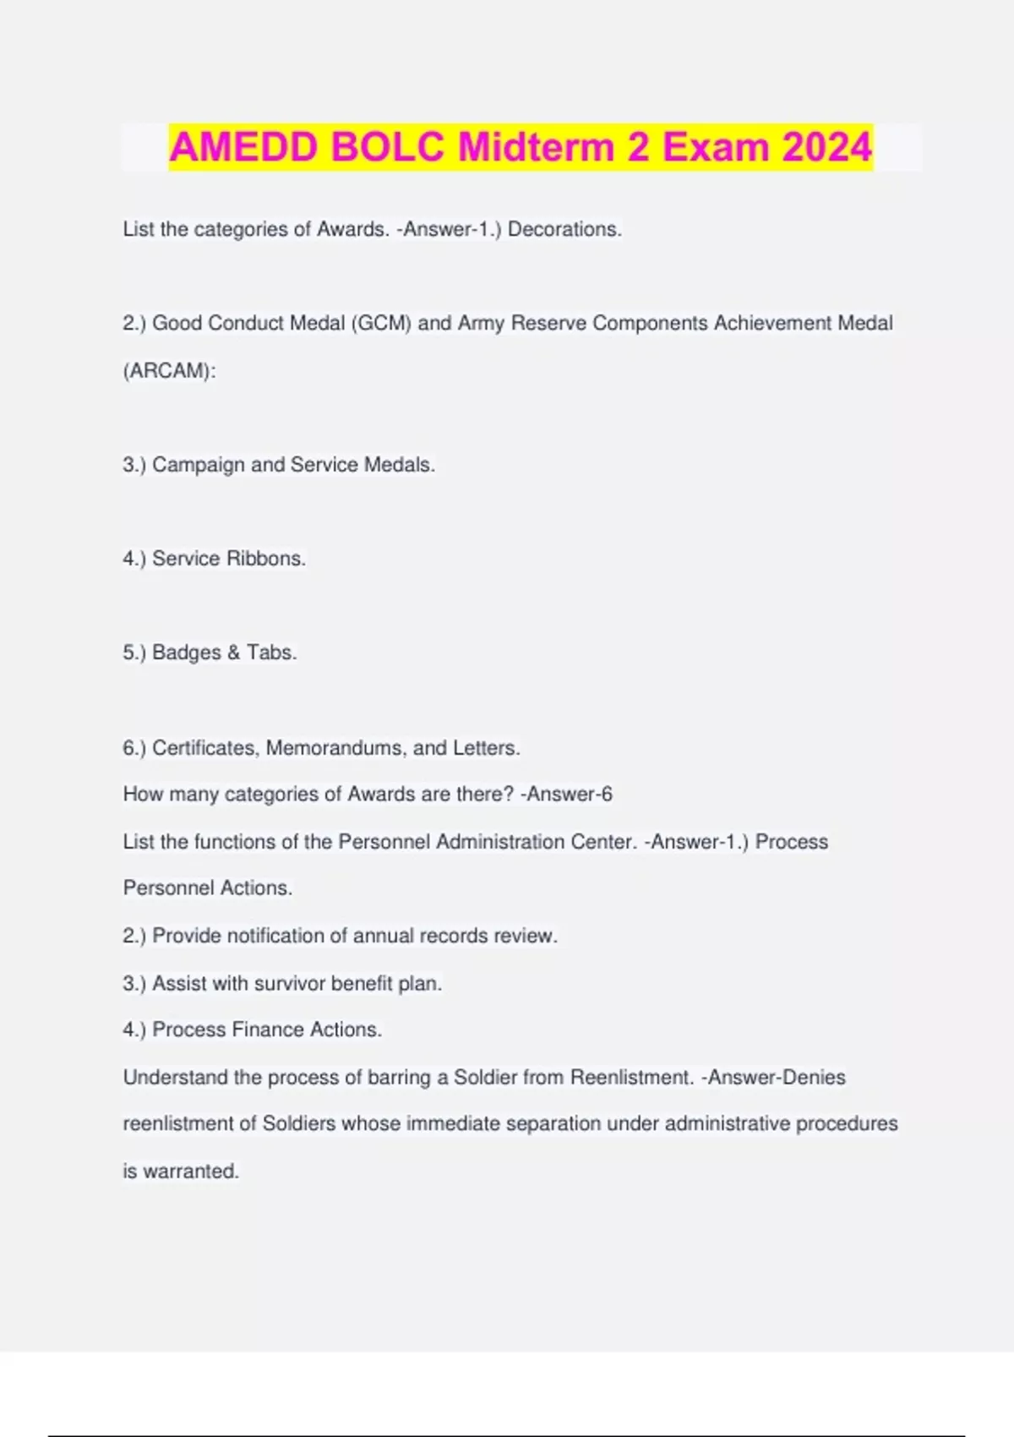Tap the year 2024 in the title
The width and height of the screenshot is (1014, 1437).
pos(826,147)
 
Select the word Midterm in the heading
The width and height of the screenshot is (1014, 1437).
pos(537,147)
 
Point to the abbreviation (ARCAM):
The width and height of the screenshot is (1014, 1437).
pos(169,370)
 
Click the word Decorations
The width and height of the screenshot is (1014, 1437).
pos(564,229)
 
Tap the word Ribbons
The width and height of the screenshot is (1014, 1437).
pos(266,559)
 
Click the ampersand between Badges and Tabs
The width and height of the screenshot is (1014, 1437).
pos(234,653)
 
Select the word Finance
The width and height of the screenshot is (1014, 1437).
pos(267,1030)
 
